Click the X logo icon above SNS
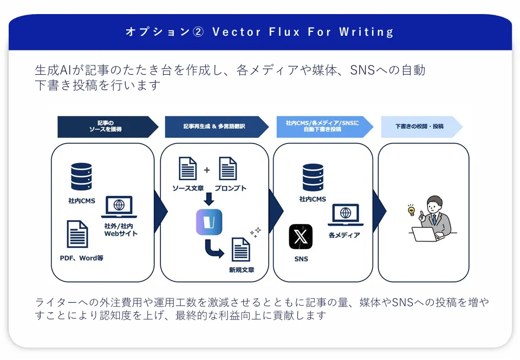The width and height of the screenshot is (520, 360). tap(301, 237)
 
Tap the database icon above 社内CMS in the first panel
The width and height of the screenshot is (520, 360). tap(81, 176)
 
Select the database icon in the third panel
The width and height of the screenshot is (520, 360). tap(313, 178)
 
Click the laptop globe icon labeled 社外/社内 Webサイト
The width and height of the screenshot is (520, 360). tap(119, 207)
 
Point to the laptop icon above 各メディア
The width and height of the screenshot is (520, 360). tap(346, 215)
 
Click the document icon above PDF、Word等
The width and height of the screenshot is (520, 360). tap(77, 234)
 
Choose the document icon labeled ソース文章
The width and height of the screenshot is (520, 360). tap(188, 168)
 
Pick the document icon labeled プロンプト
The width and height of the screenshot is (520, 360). tap(228, 168)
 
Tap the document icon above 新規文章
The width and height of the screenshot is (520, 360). tap(240, 249)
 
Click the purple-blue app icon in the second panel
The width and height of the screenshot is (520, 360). tap(209, 222)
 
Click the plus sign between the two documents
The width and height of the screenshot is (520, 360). tap(207, 170)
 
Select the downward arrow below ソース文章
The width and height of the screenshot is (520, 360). tap(209, 199)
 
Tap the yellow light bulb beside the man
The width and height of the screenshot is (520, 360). tap(411, 210)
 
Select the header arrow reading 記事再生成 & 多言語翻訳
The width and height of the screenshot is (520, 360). tap(217, 127)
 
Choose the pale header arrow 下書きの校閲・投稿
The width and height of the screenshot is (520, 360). tap(422, 127)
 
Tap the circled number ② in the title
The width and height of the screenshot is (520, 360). tap(198, 32)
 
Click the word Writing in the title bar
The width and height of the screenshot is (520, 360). tap(366, 32)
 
